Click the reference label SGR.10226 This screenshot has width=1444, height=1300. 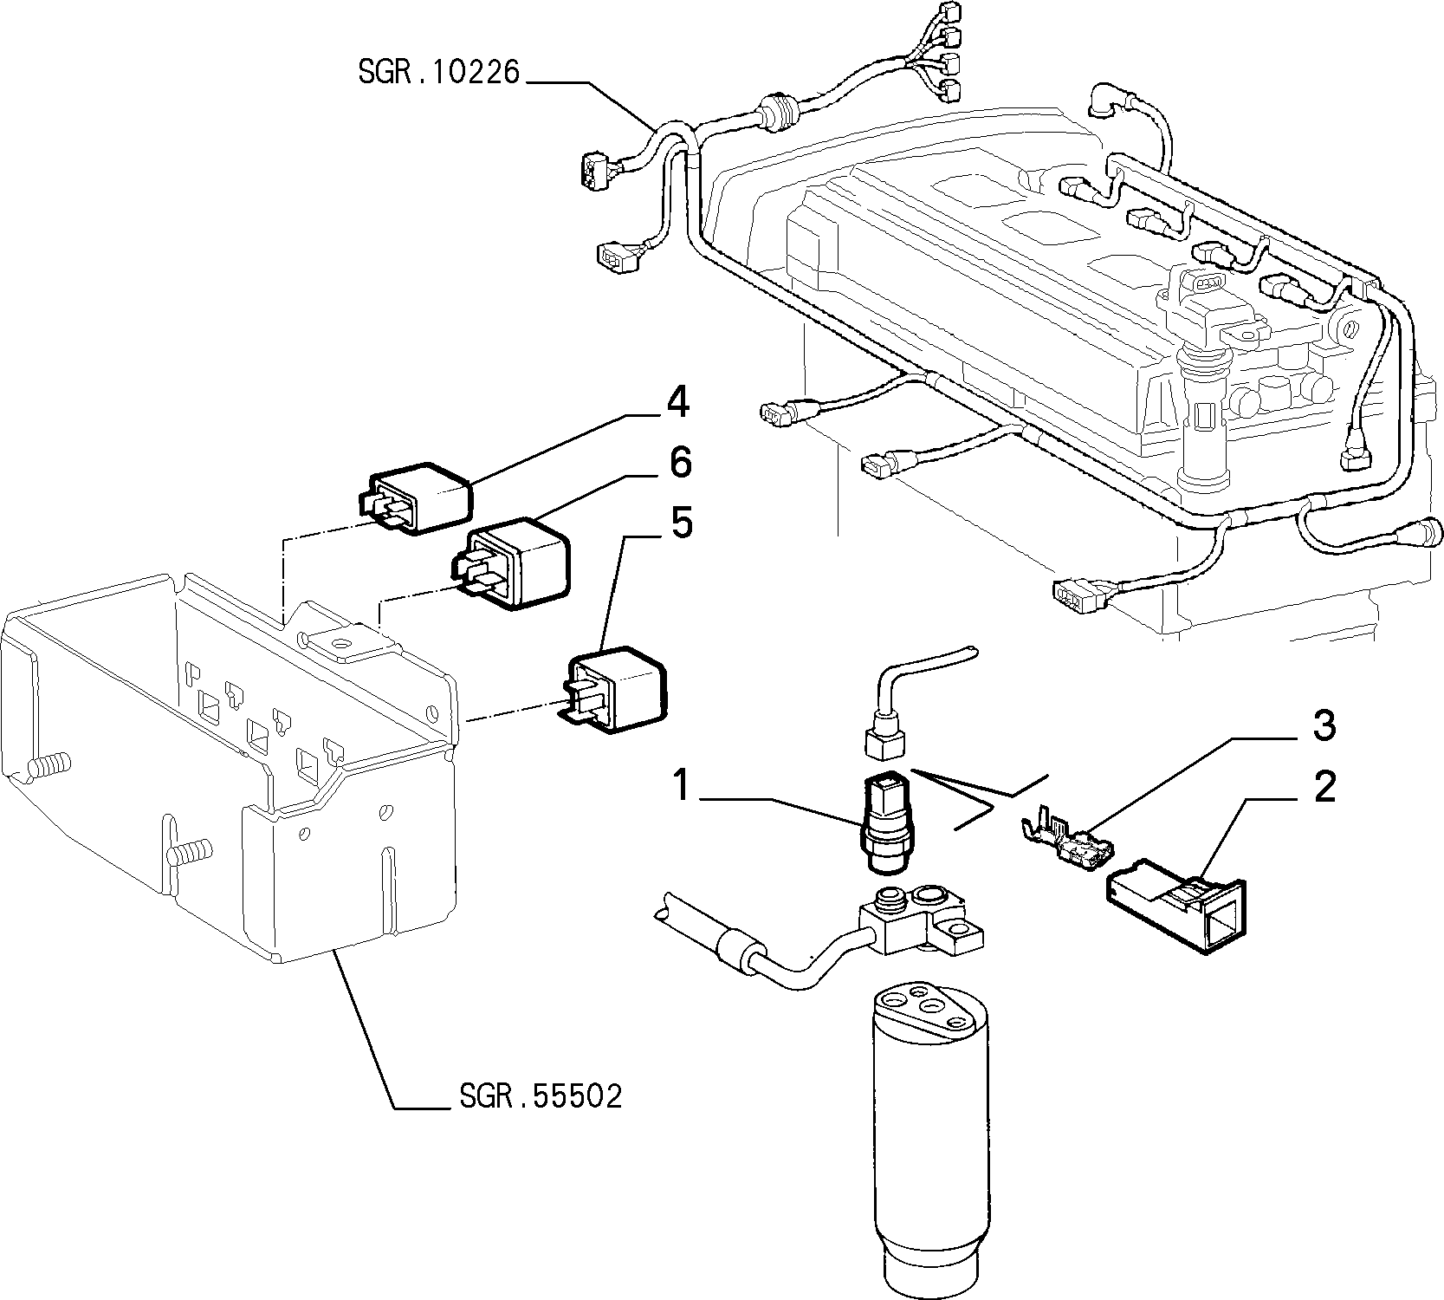[x=438, y=72]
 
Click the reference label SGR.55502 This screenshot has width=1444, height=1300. [x=541, y=1097]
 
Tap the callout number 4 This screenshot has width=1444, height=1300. [x=678, y=404]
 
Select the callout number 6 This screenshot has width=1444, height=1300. [x=681, y=463]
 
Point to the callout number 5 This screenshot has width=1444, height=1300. [x=682, y=523]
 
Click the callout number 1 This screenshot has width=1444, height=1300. [x=683, y=787]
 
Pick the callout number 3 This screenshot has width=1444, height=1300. [x=1324, y=725]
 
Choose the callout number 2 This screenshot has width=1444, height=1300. [x=1325, y=787]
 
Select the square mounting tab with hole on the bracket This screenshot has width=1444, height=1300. [x=340, y=642]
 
